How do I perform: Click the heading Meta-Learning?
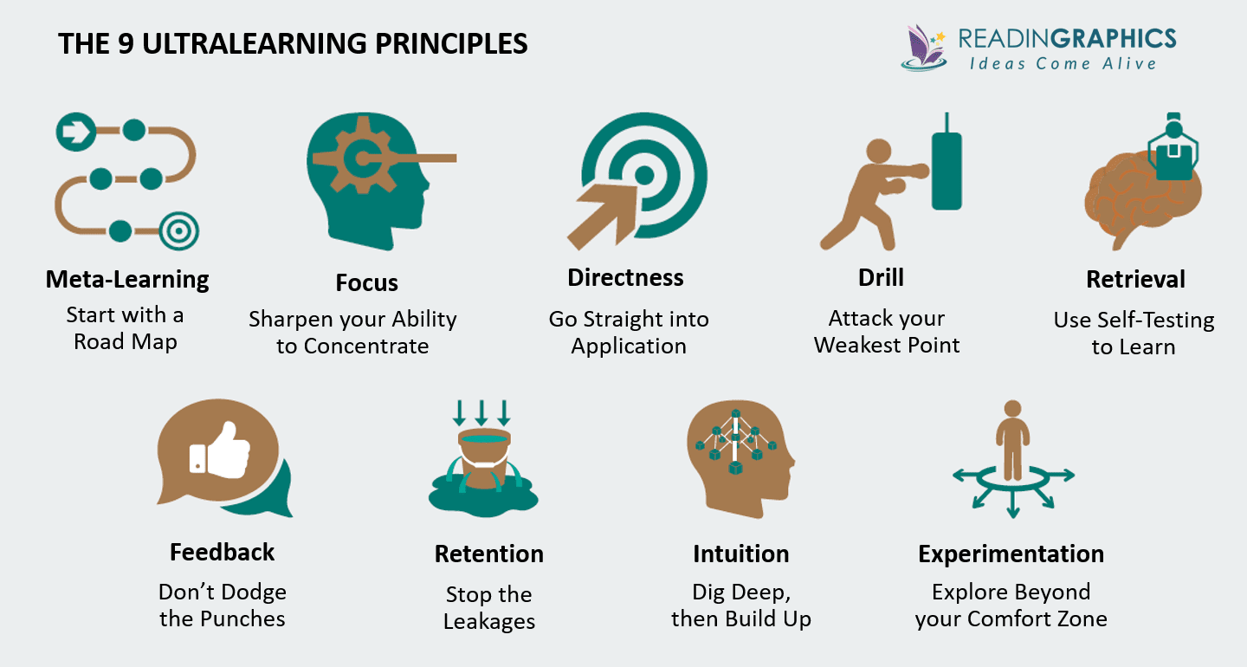coord(127,280)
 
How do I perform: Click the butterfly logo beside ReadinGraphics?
coord(925,47)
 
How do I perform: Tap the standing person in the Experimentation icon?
coord(1012,437)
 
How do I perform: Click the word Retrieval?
coord(1135,280)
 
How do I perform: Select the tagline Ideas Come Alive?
coord(1063,62)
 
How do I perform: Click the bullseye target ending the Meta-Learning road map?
coord(179,231)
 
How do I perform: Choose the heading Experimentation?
coord(1011,554)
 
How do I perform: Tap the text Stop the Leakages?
coord(489,608)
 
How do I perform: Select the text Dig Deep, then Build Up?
coord(740,605)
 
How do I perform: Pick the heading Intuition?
coord(740,554)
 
